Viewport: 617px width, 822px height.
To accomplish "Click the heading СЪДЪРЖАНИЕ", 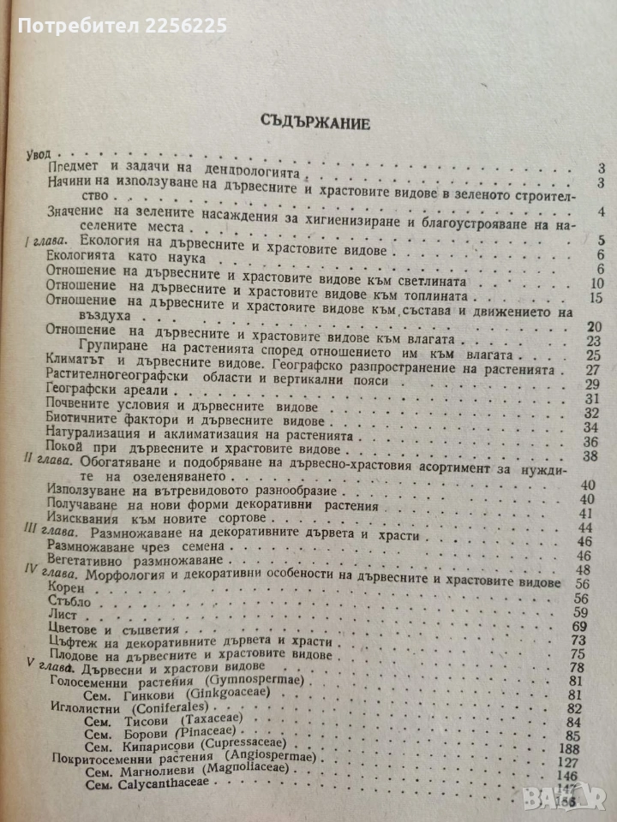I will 315,122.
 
